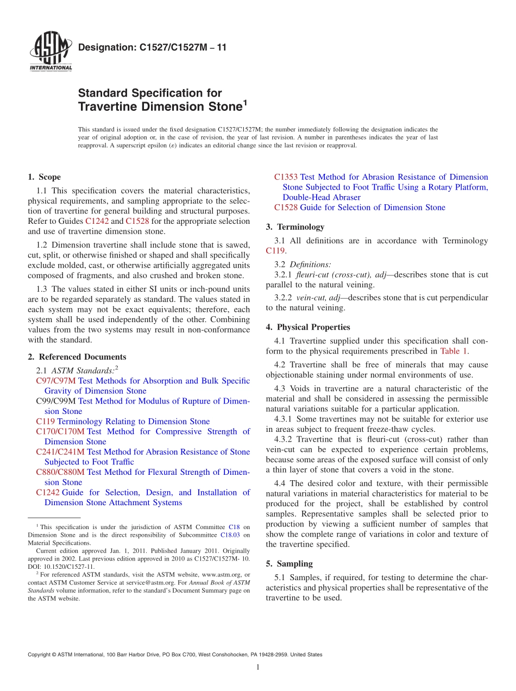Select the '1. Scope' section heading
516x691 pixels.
point(44,177)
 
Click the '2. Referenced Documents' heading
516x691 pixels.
point(77,357)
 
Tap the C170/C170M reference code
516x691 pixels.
point(60,431)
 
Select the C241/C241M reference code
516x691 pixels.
point(60,451)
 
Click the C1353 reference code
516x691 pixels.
point(286,177)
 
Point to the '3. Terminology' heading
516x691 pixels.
point(295,227)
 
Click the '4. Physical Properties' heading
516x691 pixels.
point(308,327)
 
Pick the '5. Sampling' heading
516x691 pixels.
point(289,564)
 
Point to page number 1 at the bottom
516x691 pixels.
point(257,667)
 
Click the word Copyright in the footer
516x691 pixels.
point(40,655)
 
